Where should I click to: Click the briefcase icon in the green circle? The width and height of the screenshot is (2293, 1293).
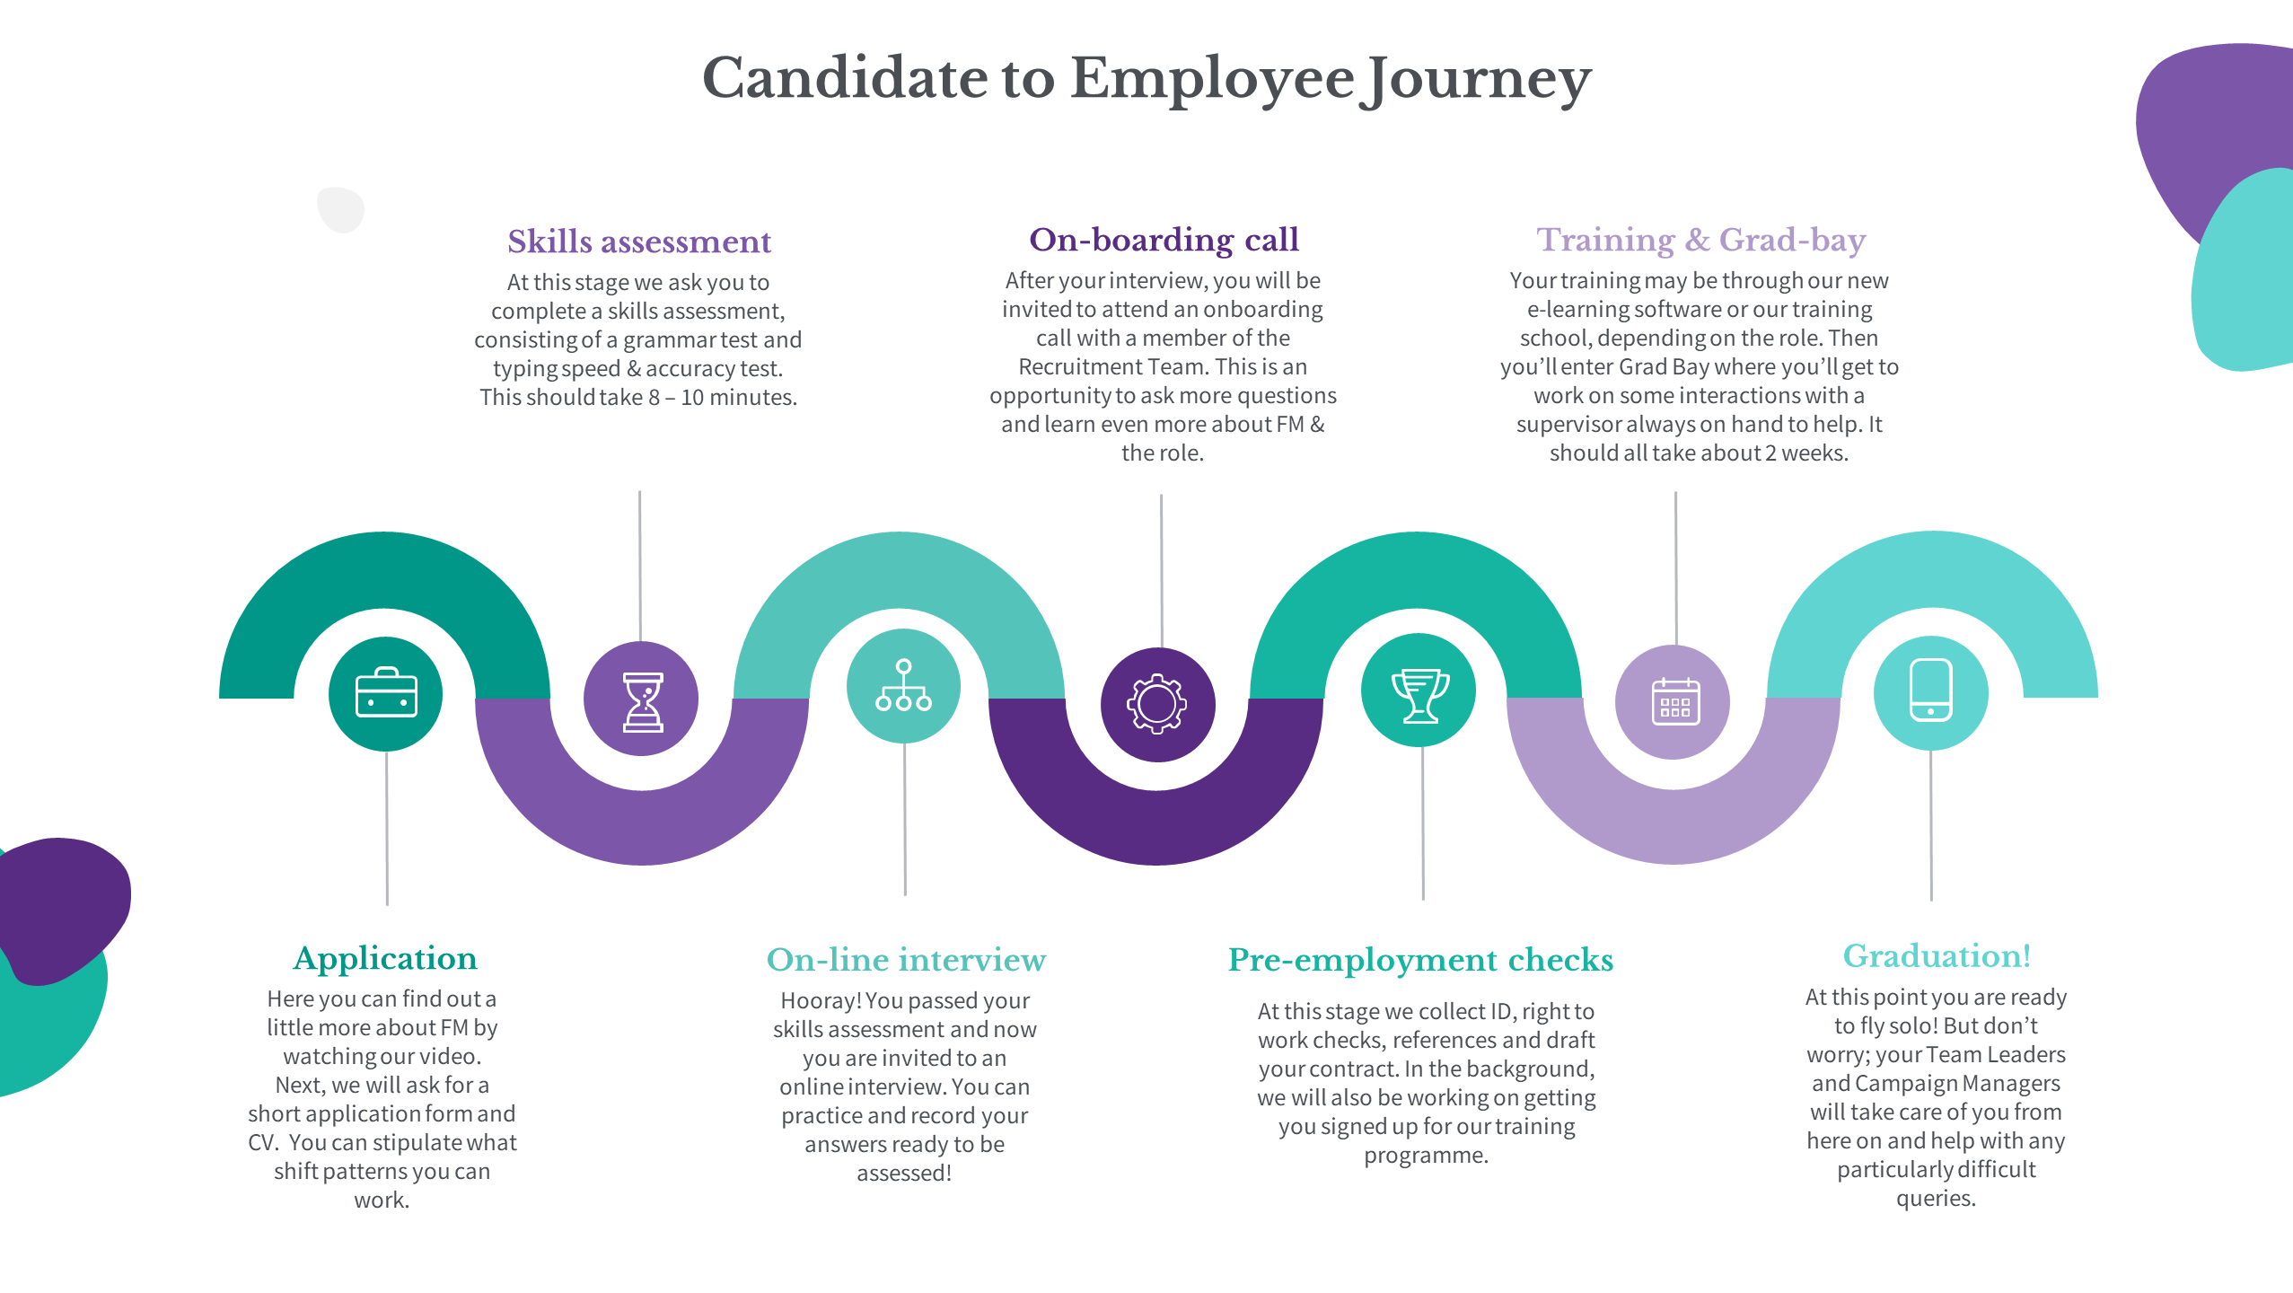[x=386, y=692]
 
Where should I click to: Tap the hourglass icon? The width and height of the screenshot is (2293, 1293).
[x=643, y=702]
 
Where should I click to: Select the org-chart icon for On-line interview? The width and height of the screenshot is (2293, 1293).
[x=903, y=685]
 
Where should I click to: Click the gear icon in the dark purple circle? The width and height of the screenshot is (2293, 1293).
[x=1156, y=704]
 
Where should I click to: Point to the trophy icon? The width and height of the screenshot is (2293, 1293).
[x=1420, y=695]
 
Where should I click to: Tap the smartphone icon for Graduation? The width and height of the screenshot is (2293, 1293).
[x=1930, y=690]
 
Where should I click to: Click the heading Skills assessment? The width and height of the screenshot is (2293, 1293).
[x=639, y=242]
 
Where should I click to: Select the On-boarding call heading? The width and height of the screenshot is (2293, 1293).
[x=1164, y=240]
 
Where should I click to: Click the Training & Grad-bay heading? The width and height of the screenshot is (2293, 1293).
[x=1700, y=241]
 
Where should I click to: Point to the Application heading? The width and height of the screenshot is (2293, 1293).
[x=385, y=959]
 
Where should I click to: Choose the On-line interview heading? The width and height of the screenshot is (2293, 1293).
[x=906, y=960]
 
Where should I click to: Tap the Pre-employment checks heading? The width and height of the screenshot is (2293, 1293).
[x=1420, y=961]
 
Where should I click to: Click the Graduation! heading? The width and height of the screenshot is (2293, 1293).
[x=1937, y=956]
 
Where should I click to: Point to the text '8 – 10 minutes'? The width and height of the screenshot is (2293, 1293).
[x=722, y=398]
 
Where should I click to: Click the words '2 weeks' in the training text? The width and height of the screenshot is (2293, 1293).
[x=1805, y=453]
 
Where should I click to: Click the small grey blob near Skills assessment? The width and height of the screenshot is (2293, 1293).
[x=341, y=209]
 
